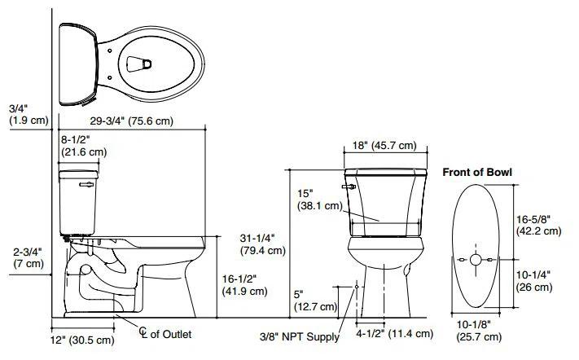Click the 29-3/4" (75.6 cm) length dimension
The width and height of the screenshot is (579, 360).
click(x=120, y=122)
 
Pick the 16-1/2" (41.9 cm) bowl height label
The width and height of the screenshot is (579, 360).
click(x=245, y=285)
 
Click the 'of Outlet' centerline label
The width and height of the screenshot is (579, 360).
click(x=170, y=335)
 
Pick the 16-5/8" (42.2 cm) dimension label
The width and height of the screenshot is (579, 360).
click(x=538, y=225)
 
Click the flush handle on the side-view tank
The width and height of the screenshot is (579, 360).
click(x=84, y=185)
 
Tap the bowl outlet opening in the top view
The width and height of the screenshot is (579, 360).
click(x=140, y=61)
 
